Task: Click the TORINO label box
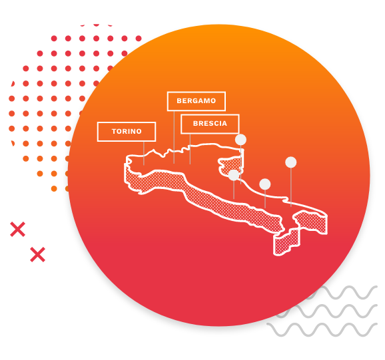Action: [127, 132]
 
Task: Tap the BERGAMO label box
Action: [196, 101]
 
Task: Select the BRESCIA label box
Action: [210, 124]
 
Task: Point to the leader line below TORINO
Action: [144, 153]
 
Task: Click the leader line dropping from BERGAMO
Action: [174, 137]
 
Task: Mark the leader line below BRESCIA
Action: [190, 149]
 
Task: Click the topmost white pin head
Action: [240, 140]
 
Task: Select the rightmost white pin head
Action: [290, 162]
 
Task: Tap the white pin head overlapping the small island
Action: [234, 175]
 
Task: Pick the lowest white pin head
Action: [265, 184]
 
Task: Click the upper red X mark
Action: [18, 230]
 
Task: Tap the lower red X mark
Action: [37, 255]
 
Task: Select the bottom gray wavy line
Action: [322, 330]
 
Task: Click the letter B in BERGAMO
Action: [179, 101]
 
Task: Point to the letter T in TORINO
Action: [114, 132]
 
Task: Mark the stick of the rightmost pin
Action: [291, 187]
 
